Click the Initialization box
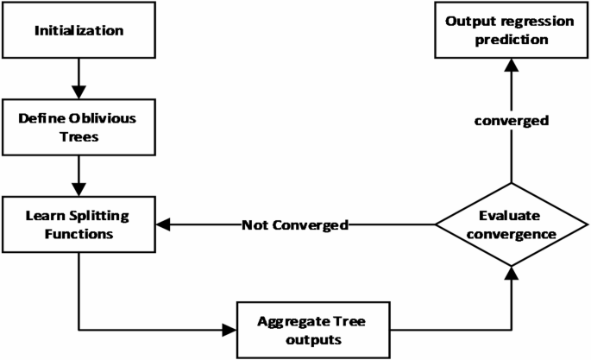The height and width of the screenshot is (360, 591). (78, 32)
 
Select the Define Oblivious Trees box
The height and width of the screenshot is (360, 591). (78, 127)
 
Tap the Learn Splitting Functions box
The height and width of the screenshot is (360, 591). (78, 225)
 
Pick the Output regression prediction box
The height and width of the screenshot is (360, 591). (510, 31)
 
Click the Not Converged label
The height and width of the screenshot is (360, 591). (294, 226)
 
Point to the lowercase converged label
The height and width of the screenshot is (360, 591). (511, 121)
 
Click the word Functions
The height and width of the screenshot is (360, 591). (78, 235)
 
